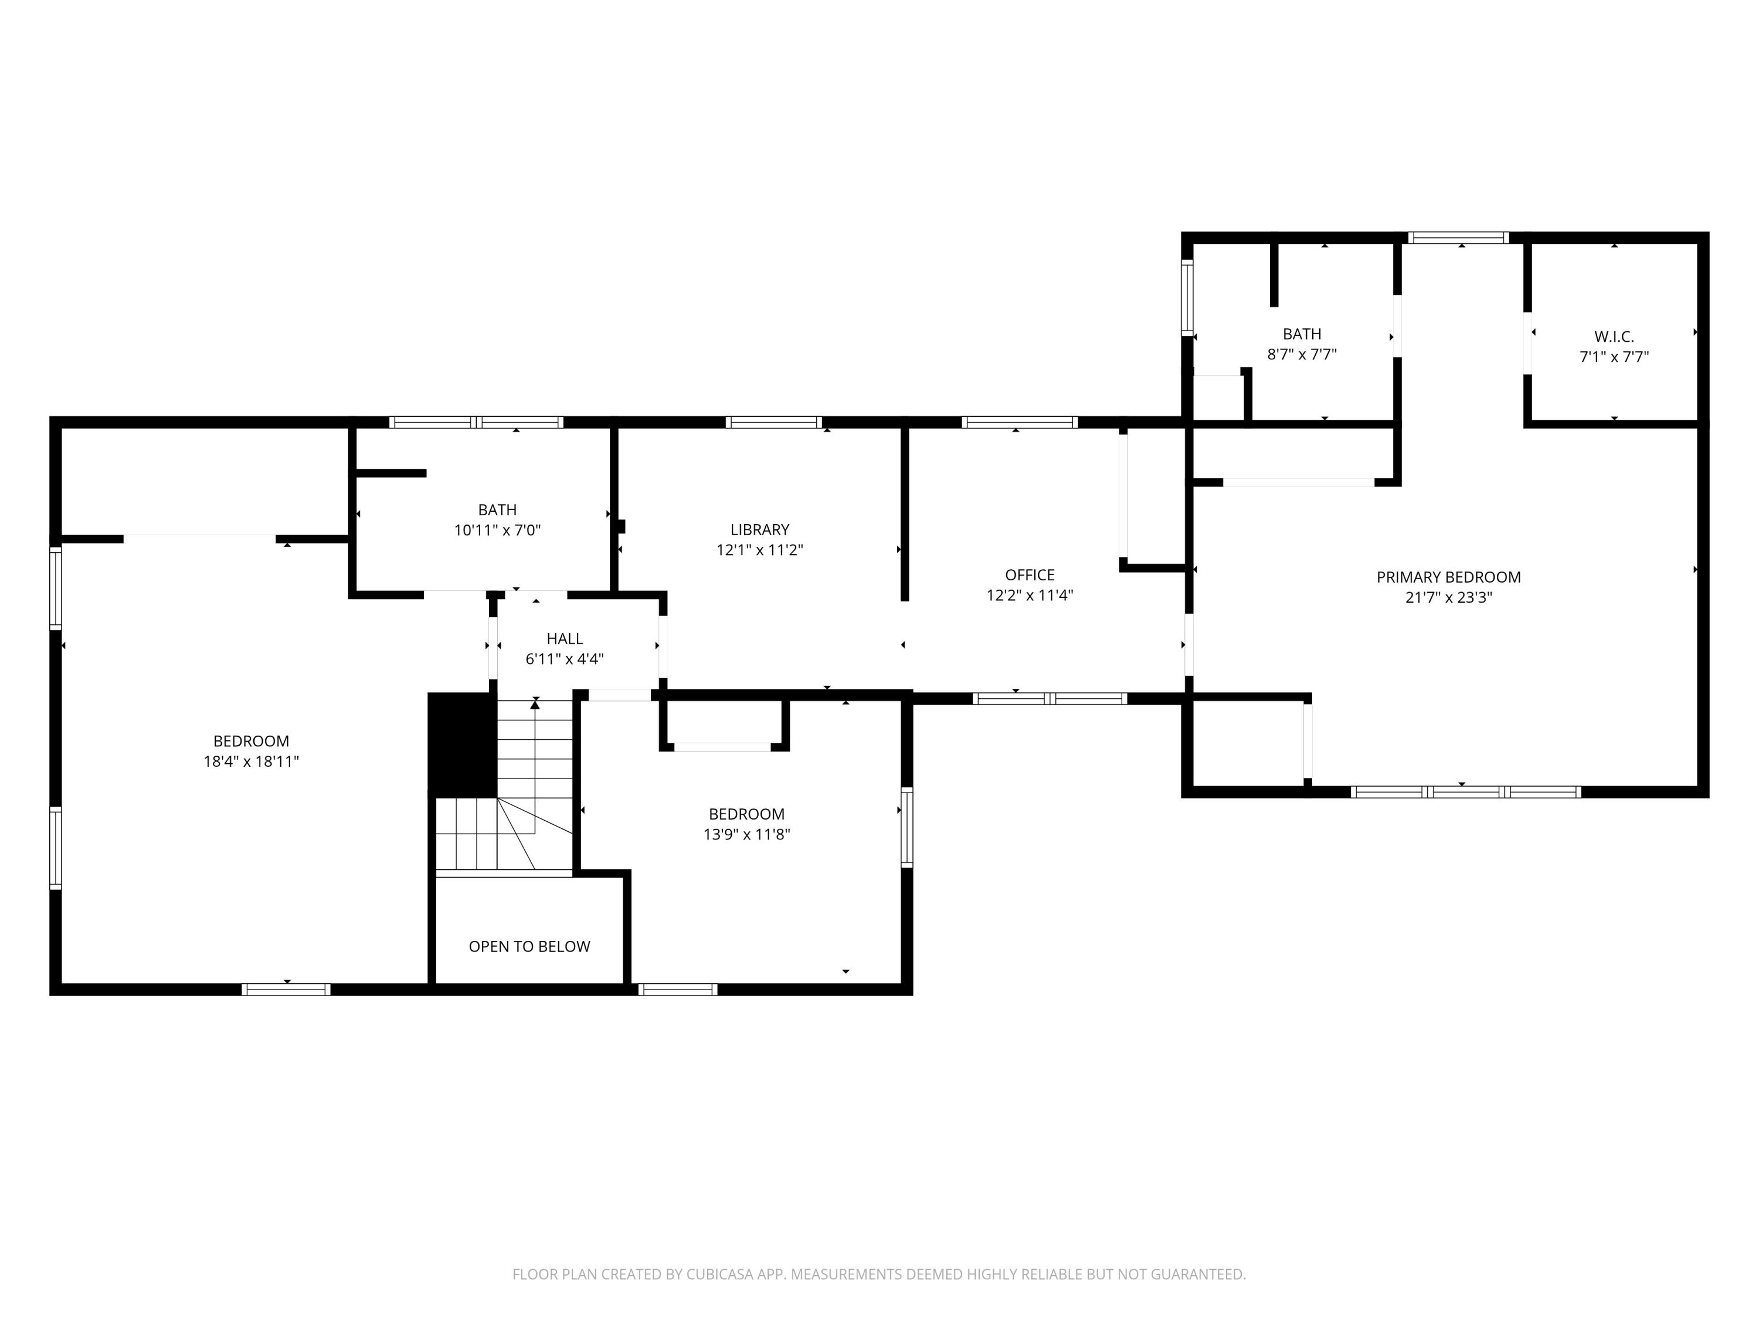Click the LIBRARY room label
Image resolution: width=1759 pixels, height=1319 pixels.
tap(759, 529)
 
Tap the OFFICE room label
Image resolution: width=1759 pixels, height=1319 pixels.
tap(1029, 575)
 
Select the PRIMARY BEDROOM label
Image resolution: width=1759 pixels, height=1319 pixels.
tap(1448, 577)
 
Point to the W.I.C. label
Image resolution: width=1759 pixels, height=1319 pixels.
tap(1614, 337)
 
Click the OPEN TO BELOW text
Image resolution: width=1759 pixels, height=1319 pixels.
tap(529, 947)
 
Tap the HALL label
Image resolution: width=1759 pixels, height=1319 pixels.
tap(565, 638)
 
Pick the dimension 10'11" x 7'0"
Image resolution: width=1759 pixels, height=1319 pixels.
tap(497, 531)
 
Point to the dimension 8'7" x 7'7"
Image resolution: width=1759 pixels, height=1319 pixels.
tap(1301, 355)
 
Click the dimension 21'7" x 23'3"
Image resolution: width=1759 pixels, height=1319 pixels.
tap(1448, 598)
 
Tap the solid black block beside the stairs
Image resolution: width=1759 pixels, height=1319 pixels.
tap(462, 744)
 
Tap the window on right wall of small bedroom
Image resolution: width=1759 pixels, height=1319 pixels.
tap(906, 827)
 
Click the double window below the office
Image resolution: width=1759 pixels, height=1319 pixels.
tap(1049, 699)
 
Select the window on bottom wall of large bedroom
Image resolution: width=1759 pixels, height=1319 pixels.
tap(286, 990)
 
